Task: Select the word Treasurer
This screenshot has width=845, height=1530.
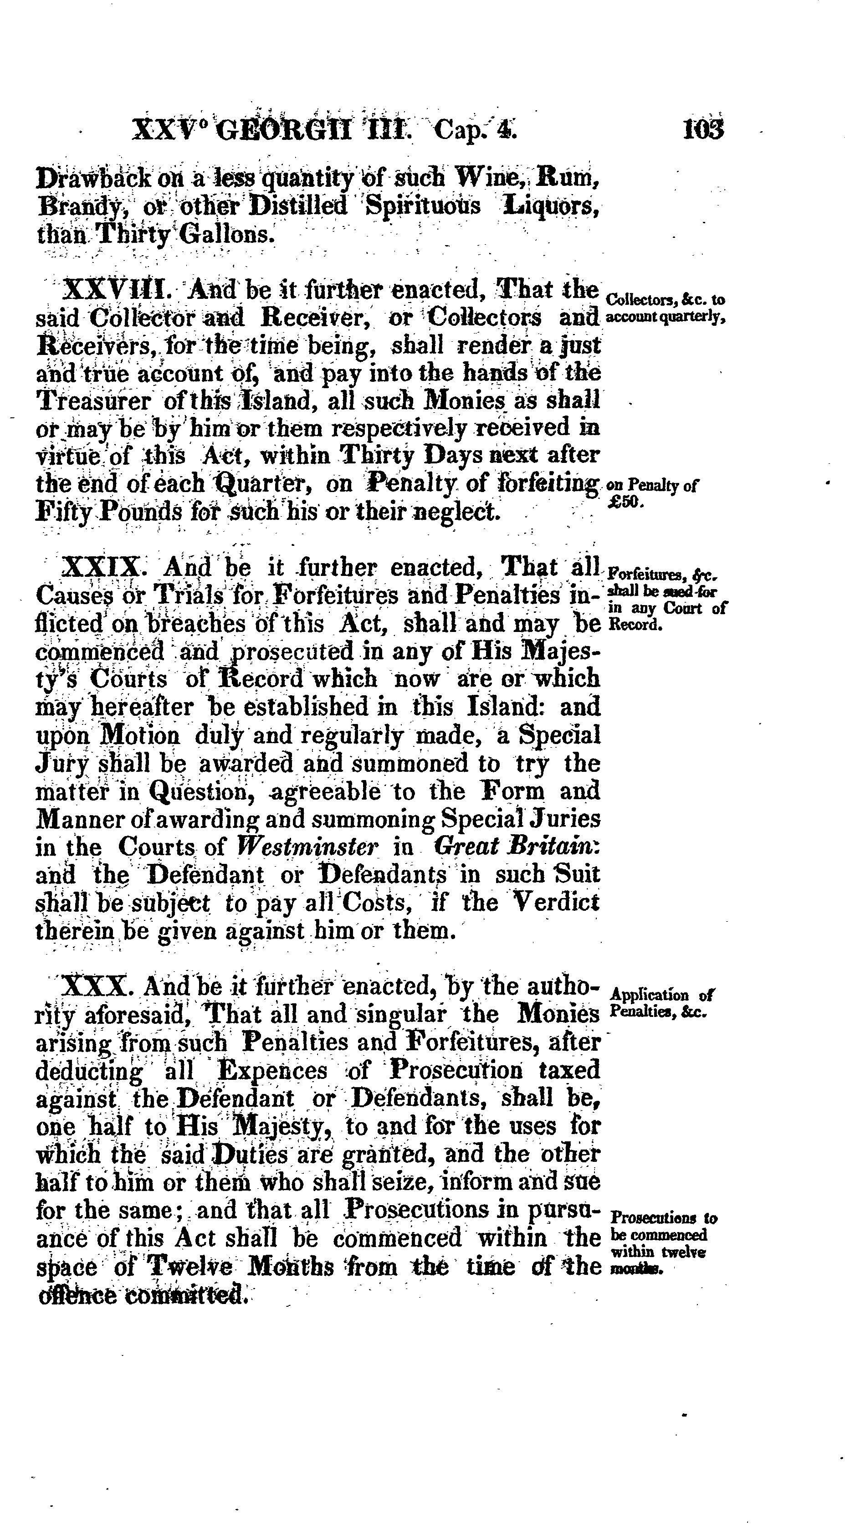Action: pos(94,401)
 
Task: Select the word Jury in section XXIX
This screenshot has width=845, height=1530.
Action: pos(62,764)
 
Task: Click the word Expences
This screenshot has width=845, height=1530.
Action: pos(272,1071)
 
